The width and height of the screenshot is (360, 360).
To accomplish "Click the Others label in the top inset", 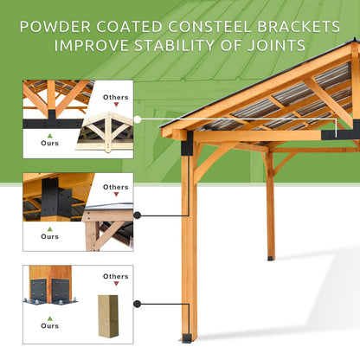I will pyautogui.click(x=115, y=98).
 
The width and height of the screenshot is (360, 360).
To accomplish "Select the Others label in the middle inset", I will pyautogui.click(x=115, y=187).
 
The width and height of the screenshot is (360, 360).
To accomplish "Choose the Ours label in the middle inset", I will pyautogui.click(x=50, y=235).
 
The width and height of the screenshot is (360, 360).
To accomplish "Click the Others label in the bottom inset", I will pyautogui.click(x=115, y=277).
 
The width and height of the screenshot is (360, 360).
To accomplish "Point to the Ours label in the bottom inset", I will pyautogui.click(x=50, y=325).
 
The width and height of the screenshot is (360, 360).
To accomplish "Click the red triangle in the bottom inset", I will pyautogui.click(x=116, y=286).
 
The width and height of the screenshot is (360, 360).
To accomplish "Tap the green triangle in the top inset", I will pyautogui.click(x=50, y=136).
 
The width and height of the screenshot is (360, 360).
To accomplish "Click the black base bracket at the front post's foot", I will pyautogui.click(x=187, y=337).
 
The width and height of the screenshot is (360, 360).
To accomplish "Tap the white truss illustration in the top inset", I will pyautogui.click(x=106, y=132).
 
